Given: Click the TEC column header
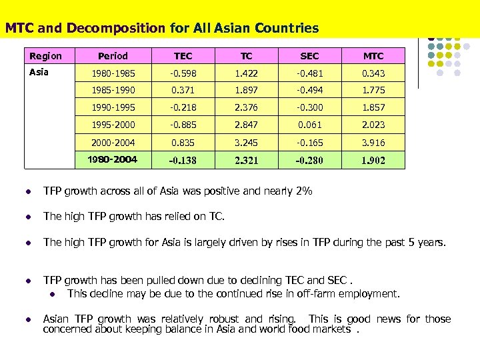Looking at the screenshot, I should [183, 57].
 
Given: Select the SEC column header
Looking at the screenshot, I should [309, 57].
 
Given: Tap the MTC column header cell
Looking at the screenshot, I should [373, 57].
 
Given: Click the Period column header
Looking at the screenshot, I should [113, 57].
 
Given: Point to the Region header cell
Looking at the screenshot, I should [46, 57].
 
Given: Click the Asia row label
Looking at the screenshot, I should [39, 72].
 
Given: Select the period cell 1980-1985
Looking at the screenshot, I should [113, 73].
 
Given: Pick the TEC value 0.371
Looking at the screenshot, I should [183, 90].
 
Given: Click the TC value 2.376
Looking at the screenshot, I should [246, 107].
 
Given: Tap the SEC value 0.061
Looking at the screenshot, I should [309, 124].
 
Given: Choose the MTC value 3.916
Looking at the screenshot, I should [373, 141].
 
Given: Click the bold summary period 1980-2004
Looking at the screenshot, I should [113, 159].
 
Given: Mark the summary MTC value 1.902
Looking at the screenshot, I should [373, 160].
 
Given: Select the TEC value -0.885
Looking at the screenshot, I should [183, 124].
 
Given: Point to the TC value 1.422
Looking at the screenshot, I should [246, 73].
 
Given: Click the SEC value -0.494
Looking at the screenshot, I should [309, 90].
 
